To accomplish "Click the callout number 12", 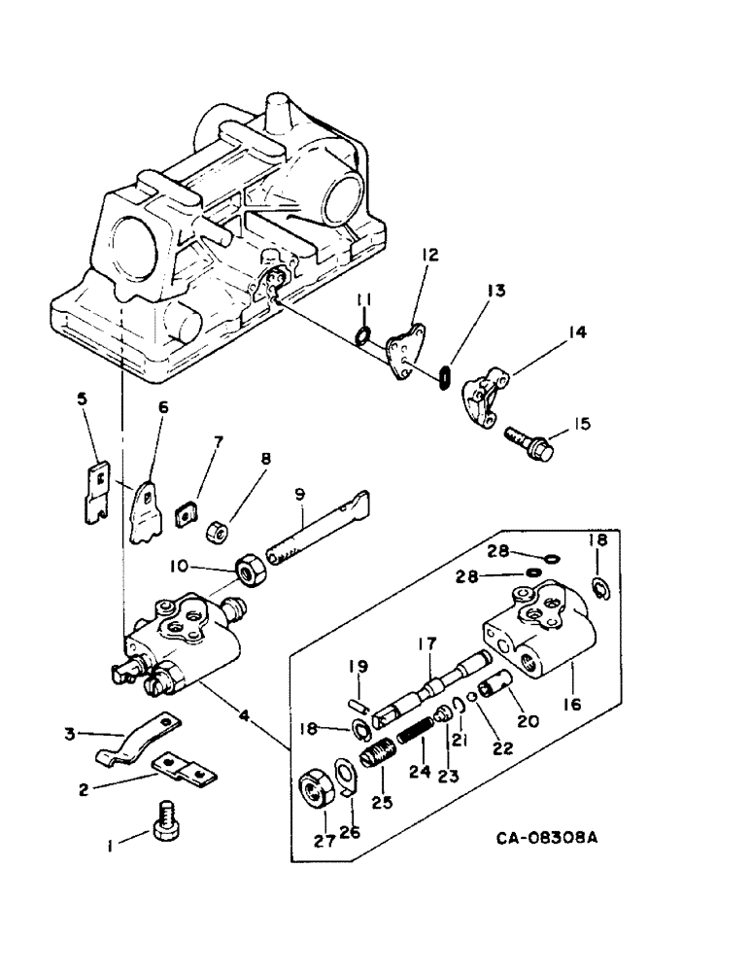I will (429, 256).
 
